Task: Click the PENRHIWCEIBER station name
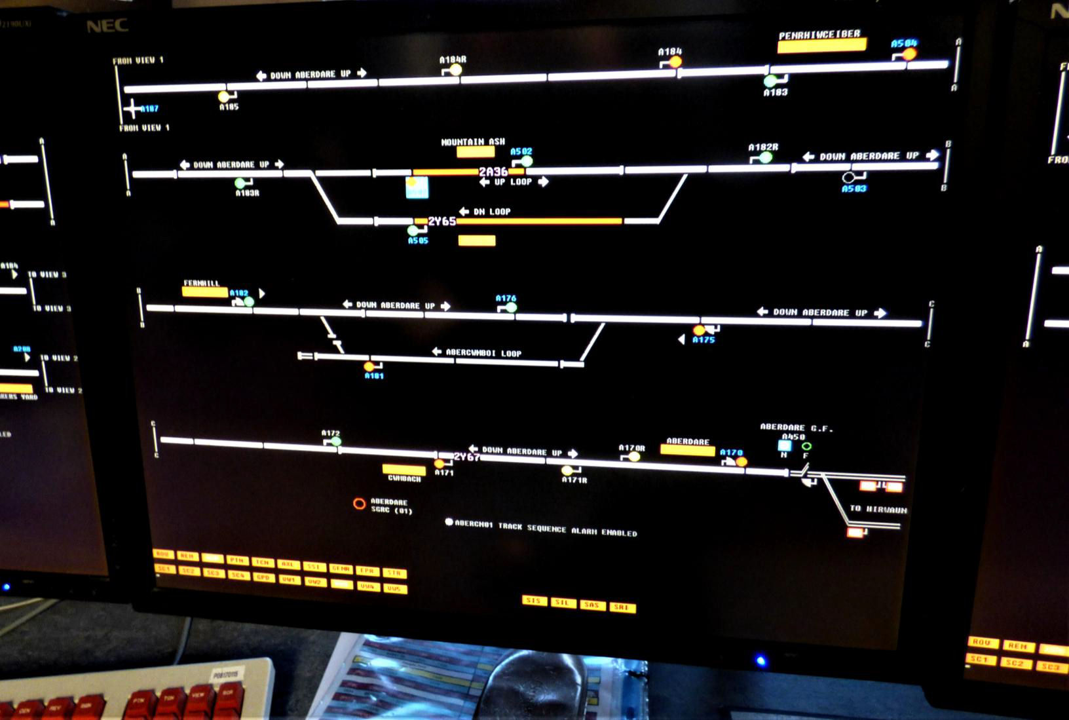click(x=819, y=34)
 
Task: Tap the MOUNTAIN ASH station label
click(x=472, y=142)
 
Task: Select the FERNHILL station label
click(x=201, y=283)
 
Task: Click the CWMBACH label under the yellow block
click(x=404, y=479)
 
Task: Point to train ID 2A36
click(x=493, y=172)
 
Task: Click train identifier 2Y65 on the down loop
click(x=441, y=221)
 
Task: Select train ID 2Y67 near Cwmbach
click(x=467, y=457)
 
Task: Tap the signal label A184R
click(x=453, y=60)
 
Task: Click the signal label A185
click(x=229, y=107)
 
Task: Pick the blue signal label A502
click(x=521, y=151)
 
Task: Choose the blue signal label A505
click(x=418, y=240)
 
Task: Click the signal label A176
click(x=506, y=298)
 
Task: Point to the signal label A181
click(x=374, y=376)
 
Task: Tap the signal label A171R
click(x=574, y=480)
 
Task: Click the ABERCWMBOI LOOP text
click(x=483, y=352)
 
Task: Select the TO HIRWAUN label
click(x=878, y=508)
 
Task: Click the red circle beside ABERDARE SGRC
click(x=359, y=503)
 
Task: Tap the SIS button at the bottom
click(x=533, y=601)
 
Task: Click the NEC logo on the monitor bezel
click(x=107, y=26)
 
